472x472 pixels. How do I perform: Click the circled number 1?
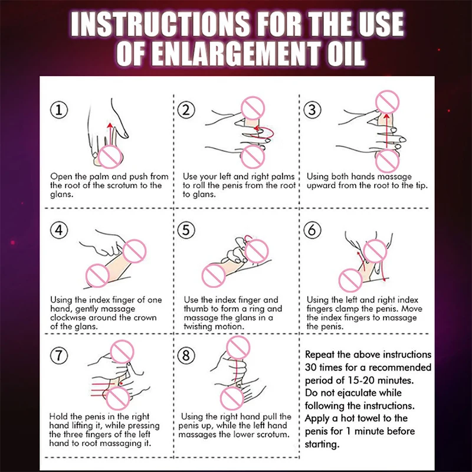[59, 110]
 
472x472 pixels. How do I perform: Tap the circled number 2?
[186, 110]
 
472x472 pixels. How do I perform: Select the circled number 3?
[312, 110]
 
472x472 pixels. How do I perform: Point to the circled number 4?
[59, 230]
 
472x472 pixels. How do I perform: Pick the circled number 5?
[186, 230]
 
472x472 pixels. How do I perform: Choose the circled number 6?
[312, 230]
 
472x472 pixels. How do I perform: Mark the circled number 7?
[59, 355]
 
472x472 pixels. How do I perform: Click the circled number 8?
[186, 355]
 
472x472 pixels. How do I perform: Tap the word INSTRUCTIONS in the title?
[160, 24]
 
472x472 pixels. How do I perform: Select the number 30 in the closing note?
[311, 368]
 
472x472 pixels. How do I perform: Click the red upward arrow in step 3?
[387, 131]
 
